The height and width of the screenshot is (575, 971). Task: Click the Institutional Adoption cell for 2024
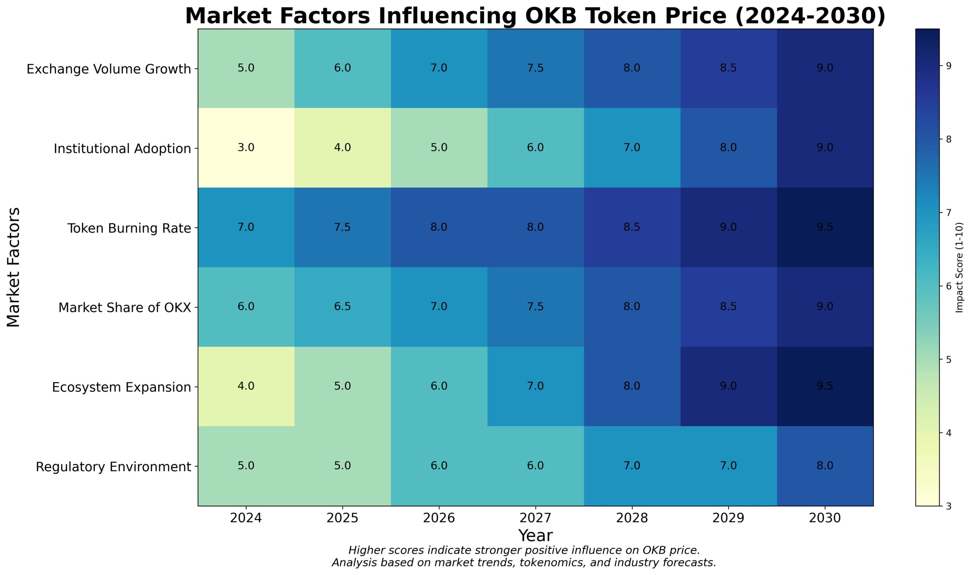(x=246, y=148)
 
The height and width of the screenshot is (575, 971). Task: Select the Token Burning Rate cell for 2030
(x=825, y=227)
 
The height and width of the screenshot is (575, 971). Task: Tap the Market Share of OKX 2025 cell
(x=342, y=306)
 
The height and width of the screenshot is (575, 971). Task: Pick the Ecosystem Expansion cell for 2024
(x=246, y=386)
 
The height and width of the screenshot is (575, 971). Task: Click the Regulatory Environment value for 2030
(x=825, y=465)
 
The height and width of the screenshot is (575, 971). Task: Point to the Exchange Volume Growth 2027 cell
(x=535, y=68)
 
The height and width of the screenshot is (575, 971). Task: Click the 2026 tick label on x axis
(x=438, y=518)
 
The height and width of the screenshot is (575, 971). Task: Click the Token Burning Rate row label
(x=129, y=228)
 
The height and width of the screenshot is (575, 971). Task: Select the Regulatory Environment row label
(x=113, y=467)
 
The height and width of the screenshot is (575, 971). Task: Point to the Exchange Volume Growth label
(x=108, y=69)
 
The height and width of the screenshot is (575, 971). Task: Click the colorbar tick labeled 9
(x=949, y=66)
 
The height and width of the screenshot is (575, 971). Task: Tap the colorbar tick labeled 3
(x=949, y=506)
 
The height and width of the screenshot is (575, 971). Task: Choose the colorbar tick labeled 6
(x=949, y=286)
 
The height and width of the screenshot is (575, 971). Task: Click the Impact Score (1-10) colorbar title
(x=959, y=267)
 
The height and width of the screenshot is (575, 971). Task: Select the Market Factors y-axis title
(x=14, y=267)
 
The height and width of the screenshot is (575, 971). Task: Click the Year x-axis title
(x=535, y=536)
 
